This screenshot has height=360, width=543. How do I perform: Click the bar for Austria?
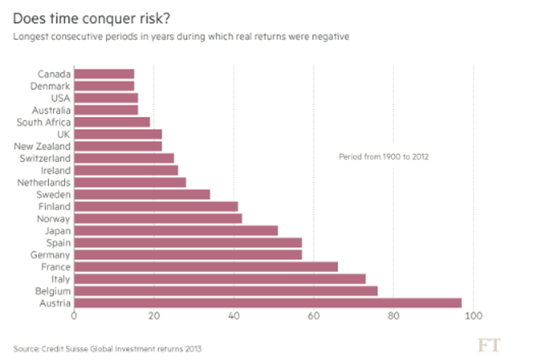[x=267, y=303]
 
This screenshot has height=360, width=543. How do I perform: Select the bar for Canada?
[x=104, y=74]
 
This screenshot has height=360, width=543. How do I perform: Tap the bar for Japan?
[x=175, y=230]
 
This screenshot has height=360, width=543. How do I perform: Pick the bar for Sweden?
[x=142, y=194]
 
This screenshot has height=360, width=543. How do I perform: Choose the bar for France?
[x=205, y=267]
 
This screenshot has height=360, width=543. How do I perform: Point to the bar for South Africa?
[x=112, y=122]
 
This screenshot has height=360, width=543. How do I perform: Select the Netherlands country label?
[x=44, y=182]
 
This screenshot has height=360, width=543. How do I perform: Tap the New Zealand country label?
[x=42, y=146]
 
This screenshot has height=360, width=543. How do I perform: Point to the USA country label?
[x=60, y=98]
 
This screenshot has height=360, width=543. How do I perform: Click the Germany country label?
[x=50, y=255]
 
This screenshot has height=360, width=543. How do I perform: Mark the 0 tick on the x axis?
[x=74, y=316]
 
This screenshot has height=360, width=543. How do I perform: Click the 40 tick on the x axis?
[x=234, y=316]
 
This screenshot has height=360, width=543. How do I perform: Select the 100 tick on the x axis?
[x=474, y=316]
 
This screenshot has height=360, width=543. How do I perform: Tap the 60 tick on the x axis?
[x=314, y=316]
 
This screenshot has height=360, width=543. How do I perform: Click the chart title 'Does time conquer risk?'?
[x=91, y=19]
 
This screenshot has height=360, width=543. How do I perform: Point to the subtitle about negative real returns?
[x=181, y=37]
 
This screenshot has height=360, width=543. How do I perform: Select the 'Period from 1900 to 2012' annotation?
[x=384, y=157]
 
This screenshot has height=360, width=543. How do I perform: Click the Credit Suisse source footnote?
[x=107, y=349]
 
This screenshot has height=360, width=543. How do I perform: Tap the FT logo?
[x=489, y=346]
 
